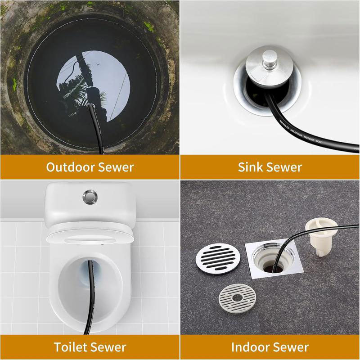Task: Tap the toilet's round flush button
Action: click(90, 196)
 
